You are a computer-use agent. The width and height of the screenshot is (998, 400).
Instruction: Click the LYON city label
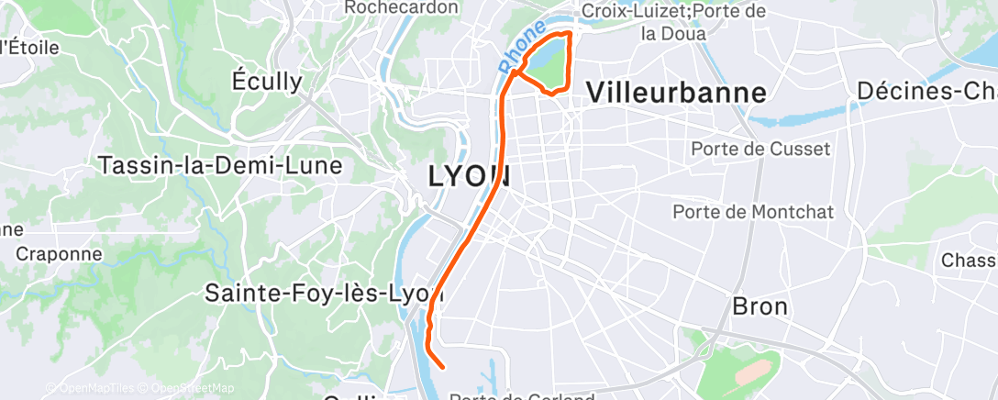pyautogui.click(x=470, y=176)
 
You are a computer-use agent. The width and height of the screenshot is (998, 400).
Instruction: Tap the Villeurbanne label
pyautogui.click(x=676, y=92)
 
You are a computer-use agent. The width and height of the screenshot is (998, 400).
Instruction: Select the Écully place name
pyautogui.click(x=267, y=81)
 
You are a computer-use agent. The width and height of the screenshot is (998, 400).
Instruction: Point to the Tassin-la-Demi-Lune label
pyautogui.click(x=219, y=166)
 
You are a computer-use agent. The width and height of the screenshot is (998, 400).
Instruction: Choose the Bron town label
pyautogui.click(x=760, y=306)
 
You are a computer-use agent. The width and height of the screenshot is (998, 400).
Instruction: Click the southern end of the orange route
pyautogui.click(x=443, y=367)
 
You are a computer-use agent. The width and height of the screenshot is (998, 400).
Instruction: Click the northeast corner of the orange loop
pyautogui.click(x=571, y=33)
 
